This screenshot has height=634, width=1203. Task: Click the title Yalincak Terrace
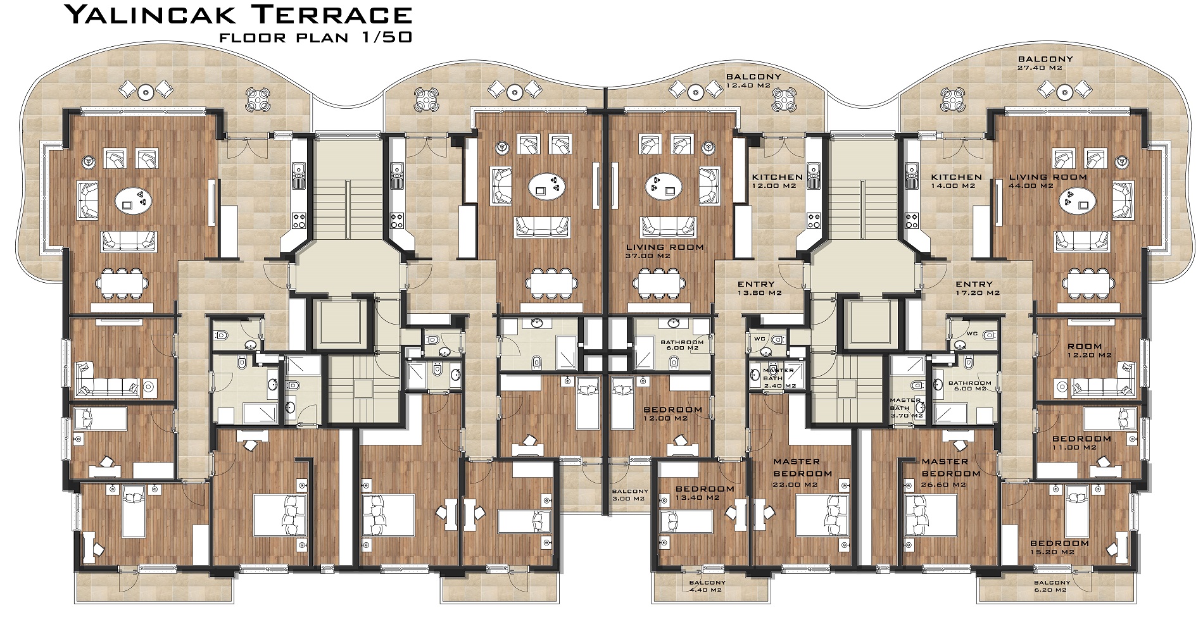(239, 14)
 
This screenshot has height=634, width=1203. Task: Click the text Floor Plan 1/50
(315, 37)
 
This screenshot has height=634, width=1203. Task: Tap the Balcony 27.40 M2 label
(1045, 63)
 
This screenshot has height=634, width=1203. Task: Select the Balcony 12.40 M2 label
(753, 81)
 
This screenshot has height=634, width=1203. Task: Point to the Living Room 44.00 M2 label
(1048, 182)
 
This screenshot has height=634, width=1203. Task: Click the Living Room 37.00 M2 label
(665, 251)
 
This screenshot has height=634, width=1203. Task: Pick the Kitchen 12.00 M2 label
(778, 182)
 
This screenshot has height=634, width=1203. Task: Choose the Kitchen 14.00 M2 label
(956, 182)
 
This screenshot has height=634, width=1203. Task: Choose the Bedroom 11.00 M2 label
(1081, 443)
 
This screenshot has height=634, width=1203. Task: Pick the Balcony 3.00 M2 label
(630, 495)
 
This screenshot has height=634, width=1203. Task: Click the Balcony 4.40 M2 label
(707, 586)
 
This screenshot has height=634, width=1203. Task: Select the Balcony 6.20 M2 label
(1052, 586)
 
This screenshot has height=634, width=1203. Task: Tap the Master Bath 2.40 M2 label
(778, 378)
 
